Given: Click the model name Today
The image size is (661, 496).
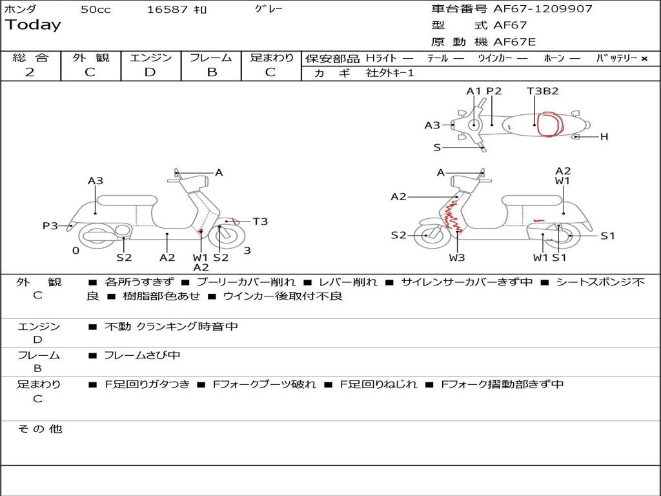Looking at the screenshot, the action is coord(33,25).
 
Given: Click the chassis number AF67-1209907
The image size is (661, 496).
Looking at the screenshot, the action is coord(543,9).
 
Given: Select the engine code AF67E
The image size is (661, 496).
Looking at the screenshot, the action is coord(514,42).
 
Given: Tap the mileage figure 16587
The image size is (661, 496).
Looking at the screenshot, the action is coord(167,10).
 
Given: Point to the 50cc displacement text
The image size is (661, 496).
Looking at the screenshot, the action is coord(96,10).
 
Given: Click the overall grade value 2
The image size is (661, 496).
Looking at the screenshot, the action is coord(30,72).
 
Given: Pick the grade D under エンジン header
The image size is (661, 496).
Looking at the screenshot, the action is coord(150,72).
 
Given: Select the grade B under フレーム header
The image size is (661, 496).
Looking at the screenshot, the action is coord(212,72).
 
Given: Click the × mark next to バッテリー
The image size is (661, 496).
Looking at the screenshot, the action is coord(644,59).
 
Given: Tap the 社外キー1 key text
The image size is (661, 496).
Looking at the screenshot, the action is coord(390,73).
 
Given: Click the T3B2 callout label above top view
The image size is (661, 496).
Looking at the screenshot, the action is coord(542,90).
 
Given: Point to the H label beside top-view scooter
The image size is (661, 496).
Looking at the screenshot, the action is coord(604,137).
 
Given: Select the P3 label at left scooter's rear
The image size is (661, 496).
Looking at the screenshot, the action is coord(50,225).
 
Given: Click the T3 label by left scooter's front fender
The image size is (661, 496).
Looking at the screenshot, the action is coord(260,222).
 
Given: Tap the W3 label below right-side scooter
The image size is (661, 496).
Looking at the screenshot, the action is coord(456,257).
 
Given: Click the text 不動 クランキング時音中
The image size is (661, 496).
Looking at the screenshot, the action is coord(171,326).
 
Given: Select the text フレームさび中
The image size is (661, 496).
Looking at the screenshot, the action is coord(142,356).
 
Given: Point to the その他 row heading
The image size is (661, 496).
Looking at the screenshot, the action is coord(40,429).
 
